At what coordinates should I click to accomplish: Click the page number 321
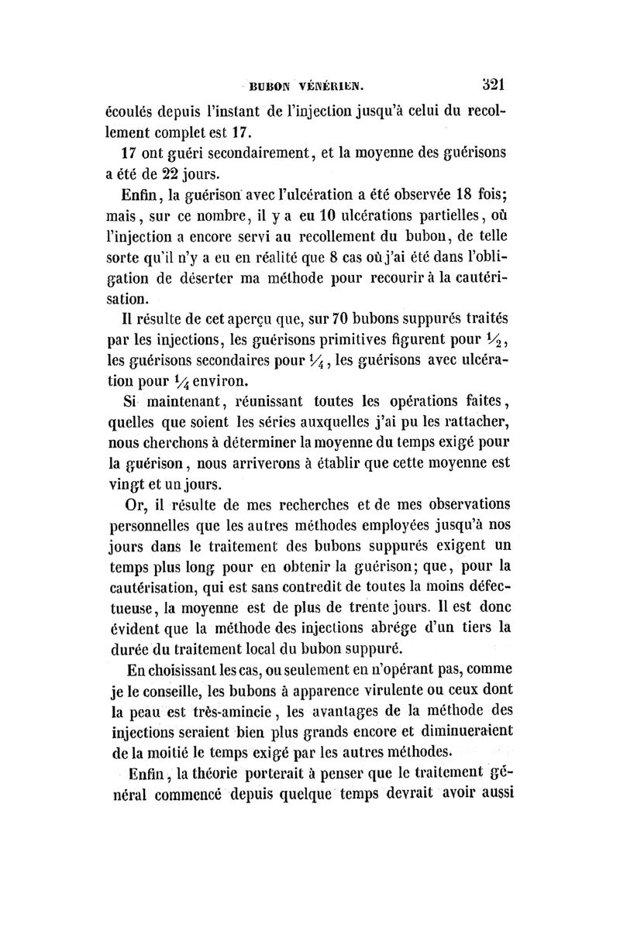pos(491,83)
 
